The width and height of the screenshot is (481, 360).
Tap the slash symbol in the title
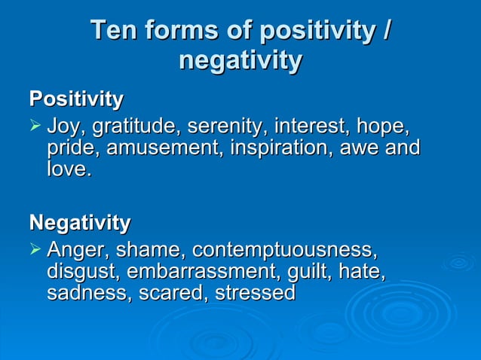[386, 31]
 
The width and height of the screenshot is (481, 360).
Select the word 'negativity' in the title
[240, 60]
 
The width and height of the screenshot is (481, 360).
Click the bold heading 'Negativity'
[79, 223]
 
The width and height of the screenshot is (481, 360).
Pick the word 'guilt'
[302, 271]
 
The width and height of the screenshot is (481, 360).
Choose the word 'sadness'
[87, 293]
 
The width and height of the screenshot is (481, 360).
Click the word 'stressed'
[255, 293]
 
